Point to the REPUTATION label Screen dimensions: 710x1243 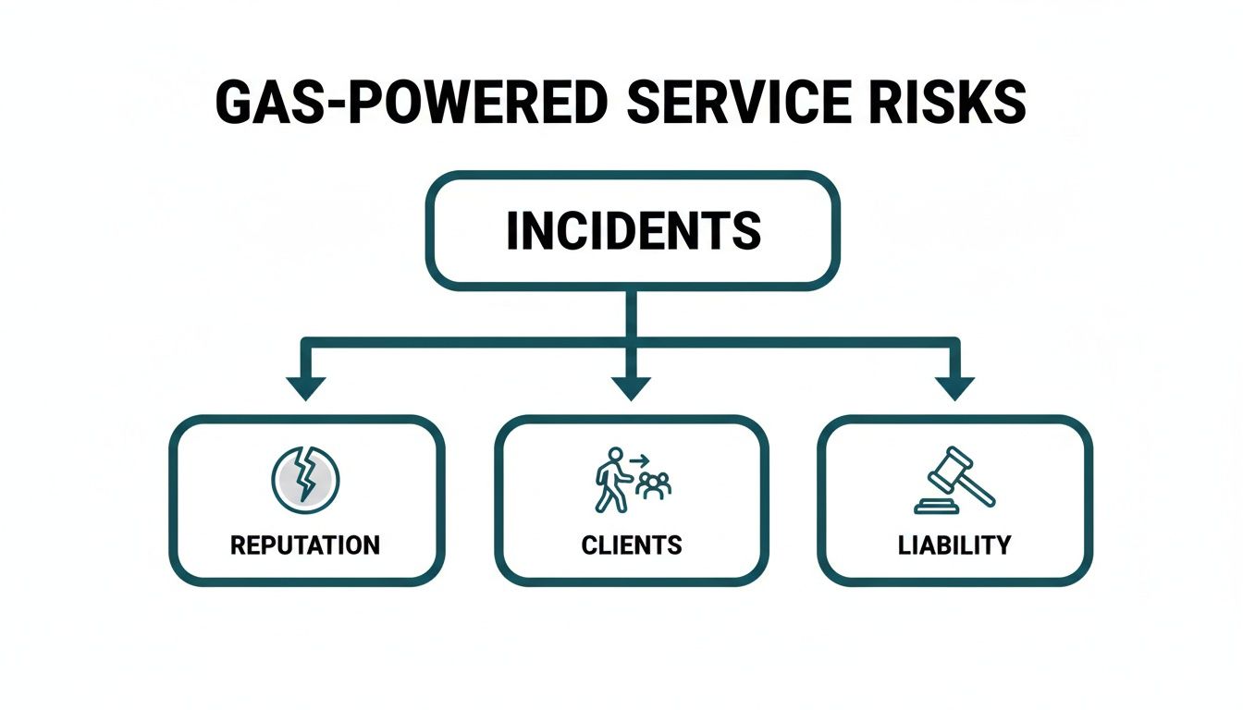tap(304, 545)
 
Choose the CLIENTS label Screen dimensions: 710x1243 tap(632, 545)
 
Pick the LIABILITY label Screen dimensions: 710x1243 tap(954, 545)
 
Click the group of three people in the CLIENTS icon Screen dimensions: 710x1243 tap(655, 486)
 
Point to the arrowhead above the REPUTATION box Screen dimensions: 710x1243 tap(306, 386)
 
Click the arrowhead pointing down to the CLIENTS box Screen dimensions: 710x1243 tap(633, 386)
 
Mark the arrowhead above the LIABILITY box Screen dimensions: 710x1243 tap(954, 386)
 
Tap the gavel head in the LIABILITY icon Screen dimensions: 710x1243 tap(944, 469)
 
